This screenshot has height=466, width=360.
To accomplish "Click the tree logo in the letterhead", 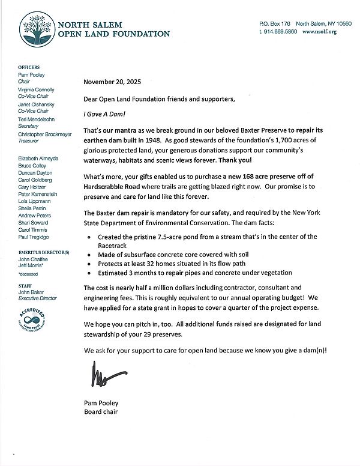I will [x=38, y=29].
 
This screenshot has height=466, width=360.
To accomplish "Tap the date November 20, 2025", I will [x=113, y=82].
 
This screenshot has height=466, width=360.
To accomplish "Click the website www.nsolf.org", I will [x=320, y=31].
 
